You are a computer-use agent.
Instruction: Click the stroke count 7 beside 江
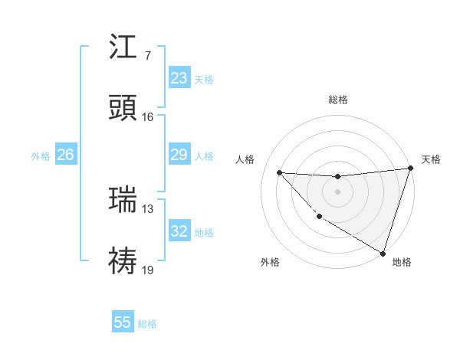147,56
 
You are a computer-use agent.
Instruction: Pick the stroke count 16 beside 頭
147,116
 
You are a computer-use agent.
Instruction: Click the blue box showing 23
179,78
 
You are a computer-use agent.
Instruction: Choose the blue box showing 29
179,155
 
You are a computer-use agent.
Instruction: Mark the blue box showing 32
179,231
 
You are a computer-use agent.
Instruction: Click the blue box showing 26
65,155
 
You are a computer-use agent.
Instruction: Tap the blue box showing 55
123,322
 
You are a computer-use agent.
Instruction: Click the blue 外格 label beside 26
41,155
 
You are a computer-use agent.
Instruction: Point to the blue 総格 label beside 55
147,324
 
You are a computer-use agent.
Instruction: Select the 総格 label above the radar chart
338,100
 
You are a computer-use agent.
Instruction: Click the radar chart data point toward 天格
411,169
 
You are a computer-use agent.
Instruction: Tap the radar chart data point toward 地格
383,253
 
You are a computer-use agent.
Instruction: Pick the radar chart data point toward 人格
280,172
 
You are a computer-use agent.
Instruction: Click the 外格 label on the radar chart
270,263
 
